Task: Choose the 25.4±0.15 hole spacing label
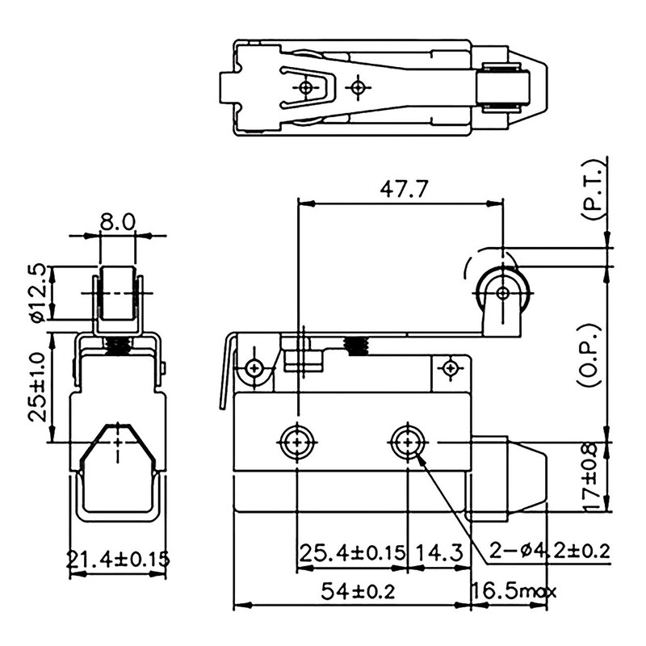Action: click(x=352, y=553)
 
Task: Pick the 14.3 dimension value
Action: click(x=439, y=553)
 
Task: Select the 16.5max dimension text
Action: click(x=514, y=592)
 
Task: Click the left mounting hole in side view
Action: click(x=297, y=442)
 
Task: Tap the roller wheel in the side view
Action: click(x=501, y=292)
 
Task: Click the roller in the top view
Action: click(x=499, y=87)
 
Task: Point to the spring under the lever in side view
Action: click(x=355, y=346)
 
